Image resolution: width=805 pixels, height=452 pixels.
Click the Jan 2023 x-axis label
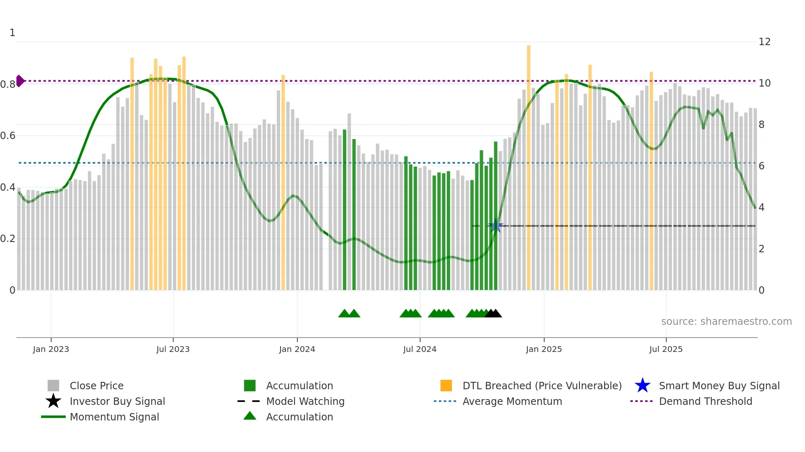(x=51, y=349)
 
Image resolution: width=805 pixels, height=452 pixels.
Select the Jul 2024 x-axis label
(x=420, y=349)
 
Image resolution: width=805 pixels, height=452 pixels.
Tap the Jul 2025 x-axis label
(x=666, y=349)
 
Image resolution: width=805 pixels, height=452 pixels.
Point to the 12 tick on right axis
(x=764, y=42)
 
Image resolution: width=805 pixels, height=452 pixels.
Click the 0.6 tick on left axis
(x=8, y=136)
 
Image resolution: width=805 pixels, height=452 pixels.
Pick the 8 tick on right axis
(x=761, y=125)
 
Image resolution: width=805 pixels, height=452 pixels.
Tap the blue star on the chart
(x=496, y=226)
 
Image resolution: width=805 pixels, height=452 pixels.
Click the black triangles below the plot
(x=493, y=313)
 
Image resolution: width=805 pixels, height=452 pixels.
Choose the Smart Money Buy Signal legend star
(x=642, y=386)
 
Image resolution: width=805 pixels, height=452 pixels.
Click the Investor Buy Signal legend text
(x=117, y=401)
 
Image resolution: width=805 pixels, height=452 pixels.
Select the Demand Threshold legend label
(x=705, y=401)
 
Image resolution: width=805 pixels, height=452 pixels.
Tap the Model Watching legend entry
(x=305, y=401)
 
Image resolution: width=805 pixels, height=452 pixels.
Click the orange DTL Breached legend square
(x=446, y=386)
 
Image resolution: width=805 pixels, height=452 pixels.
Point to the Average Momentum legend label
(x=512, y=401)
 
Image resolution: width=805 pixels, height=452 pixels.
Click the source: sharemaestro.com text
(x=726, y=322)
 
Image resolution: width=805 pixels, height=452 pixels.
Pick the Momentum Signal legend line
(x=53, y=417)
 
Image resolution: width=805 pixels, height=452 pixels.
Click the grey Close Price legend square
(x=53, y=386)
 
